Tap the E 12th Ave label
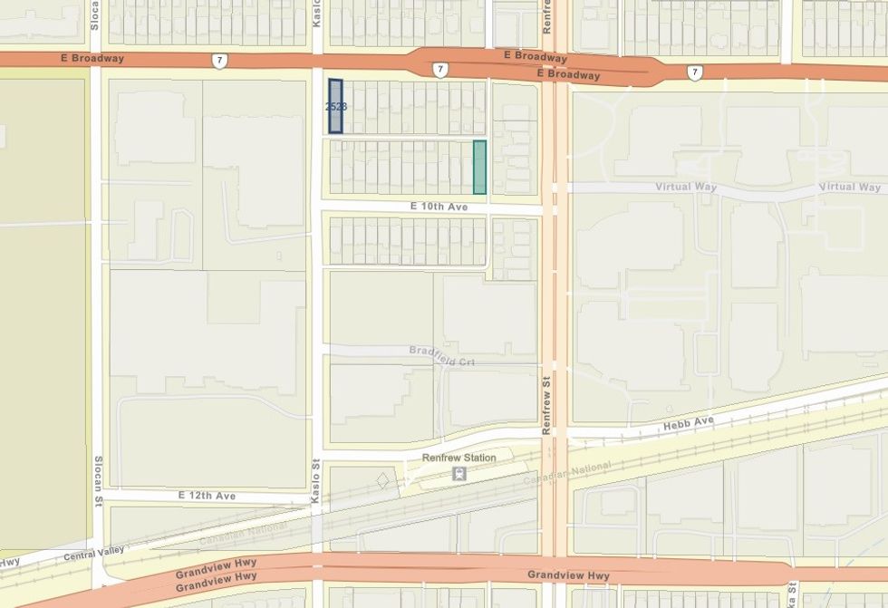click(x=207, y=496)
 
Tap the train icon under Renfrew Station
click(x=460, y=473)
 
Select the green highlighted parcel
click(x=479, y=167)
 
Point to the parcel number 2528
click(x=335, y=106)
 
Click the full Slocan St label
click(x=99, y=481)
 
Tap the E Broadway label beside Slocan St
click(x=92, y=58)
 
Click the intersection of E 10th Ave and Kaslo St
click(x=317, y=208)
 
